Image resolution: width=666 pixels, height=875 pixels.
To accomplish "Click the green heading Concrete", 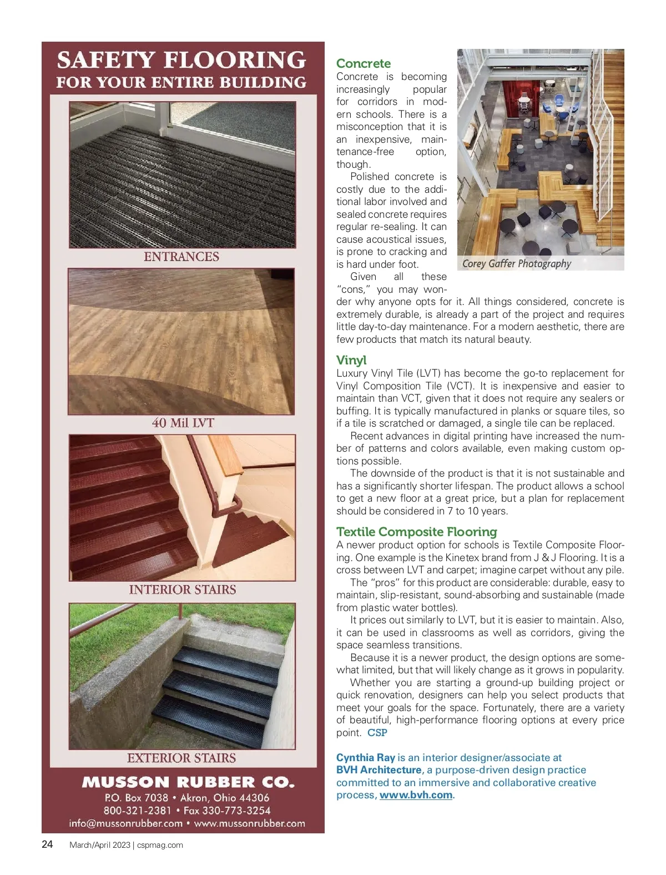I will (x=364, y=63).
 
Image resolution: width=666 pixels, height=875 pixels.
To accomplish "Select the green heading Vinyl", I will (x=351, y=360).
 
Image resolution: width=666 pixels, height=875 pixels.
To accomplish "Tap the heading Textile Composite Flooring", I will (x=416, y=532).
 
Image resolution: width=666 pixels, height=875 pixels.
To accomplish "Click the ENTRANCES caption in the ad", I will (x=181, y=257).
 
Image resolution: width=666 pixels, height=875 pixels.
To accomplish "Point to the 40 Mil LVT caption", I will (x=183, y=423).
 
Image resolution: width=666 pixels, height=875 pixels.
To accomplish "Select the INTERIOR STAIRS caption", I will (x=183, y=589).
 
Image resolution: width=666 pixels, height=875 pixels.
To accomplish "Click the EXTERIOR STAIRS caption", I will (x=181, y=758).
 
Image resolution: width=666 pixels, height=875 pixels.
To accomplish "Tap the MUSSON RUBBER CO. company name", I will (x=188, y=782).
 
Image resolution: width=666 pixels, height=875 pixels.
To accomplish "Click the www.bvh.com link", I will (x=416, y=795).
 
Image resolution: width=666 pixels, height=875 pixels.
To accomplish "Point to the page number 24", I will (x=48, y=844).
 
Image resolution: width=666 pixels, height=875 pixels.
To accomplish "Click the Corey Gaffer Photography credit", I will (x=516, y=263).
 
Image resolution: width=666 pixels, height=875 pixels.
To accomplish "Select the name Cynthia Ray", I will (x=366, y=757).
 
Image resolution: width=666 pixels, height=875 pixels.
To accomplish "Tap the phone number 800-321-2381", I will (x=137, y=811).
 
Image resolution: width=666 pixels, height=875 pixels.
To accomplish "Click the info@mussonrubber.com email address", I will (x=126, y=823).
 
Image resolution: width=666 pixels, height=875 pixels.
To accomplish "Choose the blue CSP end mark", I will (x=377, y=733).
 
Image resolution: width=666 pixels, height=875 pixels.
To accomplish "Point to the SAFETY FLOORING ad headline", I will (x=181, y=60).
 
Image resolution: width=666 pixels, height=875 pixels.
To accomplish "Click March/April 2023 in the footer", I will (x=99, y=845).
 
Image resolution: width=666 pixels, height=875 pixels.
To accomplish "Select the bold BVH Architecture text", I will (x=379, y=770).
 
